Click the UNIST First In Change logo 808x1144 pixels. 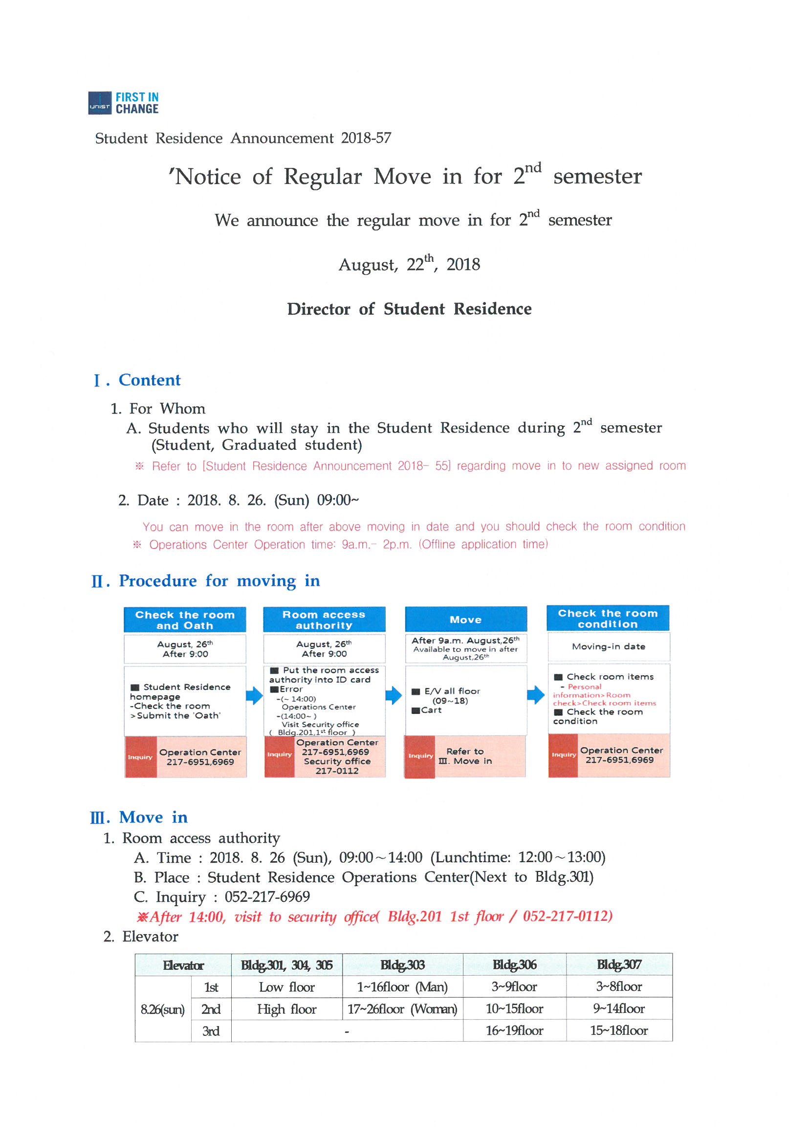click(x=123, y=103)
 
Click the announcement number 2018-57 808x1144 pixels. click(x=366, y=138)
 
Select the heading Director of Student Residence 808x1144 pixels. click(x=409, y=309)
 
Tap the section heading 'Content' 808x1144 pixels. click(x=150, y=380)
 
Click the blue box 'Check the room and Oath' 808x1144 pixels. click(x=185, y=620)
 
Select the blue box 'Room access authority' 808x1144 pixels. click(x=324, y=620)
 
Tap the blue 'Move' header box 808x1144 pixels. click(x=465, y=620)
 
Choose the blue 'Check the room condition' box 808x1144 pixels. click(x=608, y=618)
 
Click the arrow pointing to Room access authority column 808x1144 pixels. click(x=254, y=696)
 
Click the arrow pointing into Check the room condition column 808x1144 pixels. click(x=536, y=695)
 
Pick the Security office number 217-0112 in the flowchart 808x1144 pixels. click(x=337, y=771)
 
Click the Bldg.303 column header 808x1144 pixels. click(x=402, y=965)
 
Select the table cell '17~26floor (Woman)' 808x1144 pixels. click(x=402, y=1009)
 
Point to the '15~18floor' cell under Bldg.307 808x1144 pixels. click(x=619, y=1030)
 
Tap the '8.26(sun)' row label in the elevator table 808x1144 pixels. click(x=163, y=1009)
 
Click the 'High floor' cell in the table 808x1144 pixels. click(x=287, y=1009)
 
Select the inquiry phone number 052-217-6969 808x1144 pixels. click(x=267, y=897)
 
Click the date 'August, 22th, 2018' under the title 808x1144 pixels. click(x=409, y=264)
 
